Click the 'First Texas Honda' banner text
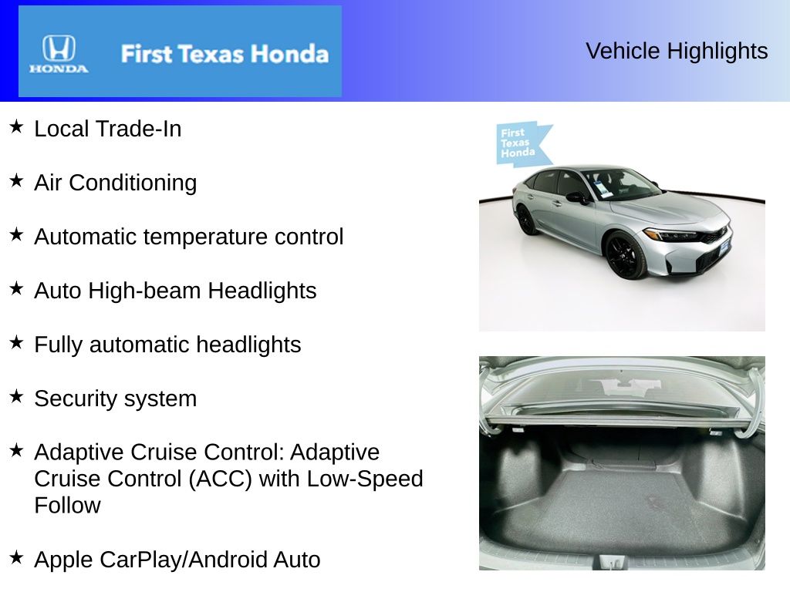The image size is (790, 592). [225, 54]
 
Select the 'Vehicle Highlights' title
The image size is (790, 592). [677, 51]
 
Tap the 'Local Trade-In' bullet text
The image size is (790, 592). [108, 129]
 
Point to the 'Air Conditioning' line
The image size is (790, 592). [116, 183]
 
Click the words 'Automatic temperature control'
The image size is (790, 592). [189, 237]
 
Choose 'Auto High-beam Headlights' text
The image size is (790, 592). [175, 291]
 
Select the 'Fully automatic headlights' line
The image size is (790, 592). [167, 345]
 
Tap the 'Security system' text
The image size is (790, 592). [116, 399]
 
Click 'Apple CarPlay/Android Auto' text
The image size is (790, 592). [177, 560]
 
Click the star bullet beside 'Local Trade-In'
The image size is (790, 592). [16, 126]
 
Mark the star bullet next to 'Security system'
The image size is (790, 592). [16, 396]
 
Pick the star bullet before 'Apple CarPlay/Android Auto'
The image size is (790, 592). [16, 557]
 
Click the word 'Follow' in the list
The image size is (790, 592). [68, 506]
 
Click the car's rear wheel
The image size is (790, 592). [528, 220]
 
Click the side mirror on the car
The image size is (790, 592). [576, 197]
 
